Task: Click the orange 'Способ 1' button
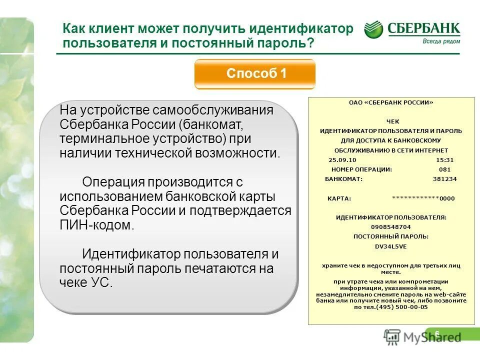pos(255,74)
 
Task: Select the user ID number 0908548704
pos(390,226)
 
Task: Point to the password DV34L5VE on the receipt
pos(390,246)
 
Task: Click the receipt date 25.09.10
pos(342,160)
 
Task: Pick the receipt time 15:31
pos(444,160)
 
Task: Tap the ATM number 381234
pos(444,179)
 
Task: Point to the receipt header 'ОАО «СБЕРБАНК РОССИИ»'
pos(390,102)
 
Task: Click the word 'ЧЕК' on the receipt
pos(390,121)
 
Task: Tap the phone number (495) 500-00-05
pos(404,307)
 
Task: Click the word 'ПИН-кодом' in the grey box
pos(97,225)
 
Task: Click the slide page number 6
pos(437,334)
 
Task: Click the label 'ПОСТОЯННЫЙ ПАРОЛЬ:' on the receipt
pos(390,236)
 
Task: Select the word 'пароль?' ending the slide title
pos(290,43)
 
